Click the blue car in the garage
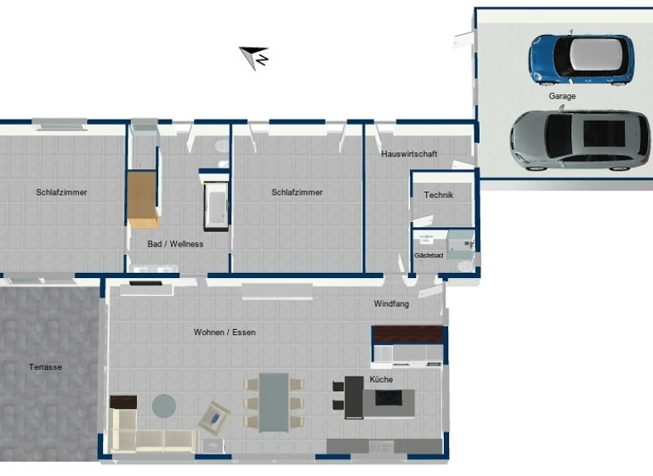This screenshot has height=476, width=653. point(581,59)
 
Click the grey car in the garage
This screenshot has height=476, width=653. point(580,139)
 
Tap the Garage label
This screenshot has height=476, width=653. point(562,97)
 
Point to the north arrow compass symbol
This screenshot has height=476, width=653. point(255,56)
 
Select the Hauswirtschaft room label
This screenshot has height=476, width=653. point(409,155)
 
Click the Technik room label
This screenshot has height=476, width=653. point(439,195)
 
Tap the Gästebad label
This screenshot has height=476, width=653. point(429,255)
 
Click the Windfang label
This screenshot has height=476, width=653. point(391,303)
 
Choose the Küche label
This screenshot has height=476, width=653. point(381,380)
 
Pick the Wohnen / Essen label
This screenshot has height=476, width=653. point(224,332)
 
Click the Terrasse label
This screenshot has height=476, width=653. point(45,367)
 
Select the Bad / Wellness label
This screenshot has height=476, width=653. point(175,244)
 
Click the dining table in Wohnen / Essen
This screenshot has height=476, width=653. point(274,401)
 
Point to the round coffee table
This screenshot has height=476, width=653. point(163,405)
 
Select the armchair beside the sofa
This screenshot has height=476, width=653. point(213,416)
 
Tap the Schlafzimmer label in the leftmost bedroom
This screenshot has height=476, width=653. point(61,192)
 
